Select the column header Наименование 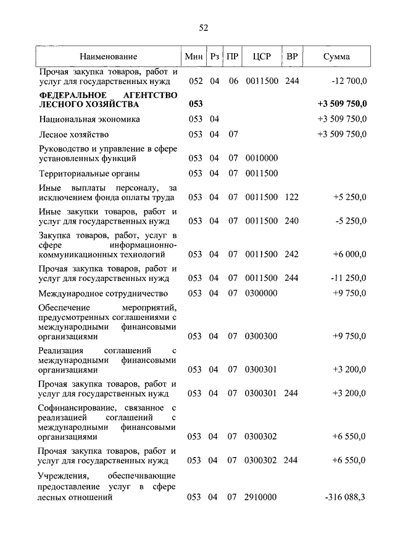click(108, 57)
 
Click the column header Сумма click(336, 57)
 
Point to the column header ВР click(293, 57)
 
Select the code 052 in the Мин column click(195, 81)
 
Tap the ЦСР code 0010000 click(261, 158)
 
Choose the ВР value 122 click(292, 198)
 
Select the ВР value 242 click(292, 254)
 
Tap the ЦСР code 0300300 click(261, 337)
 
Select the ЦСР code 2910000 click(261, 498)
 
